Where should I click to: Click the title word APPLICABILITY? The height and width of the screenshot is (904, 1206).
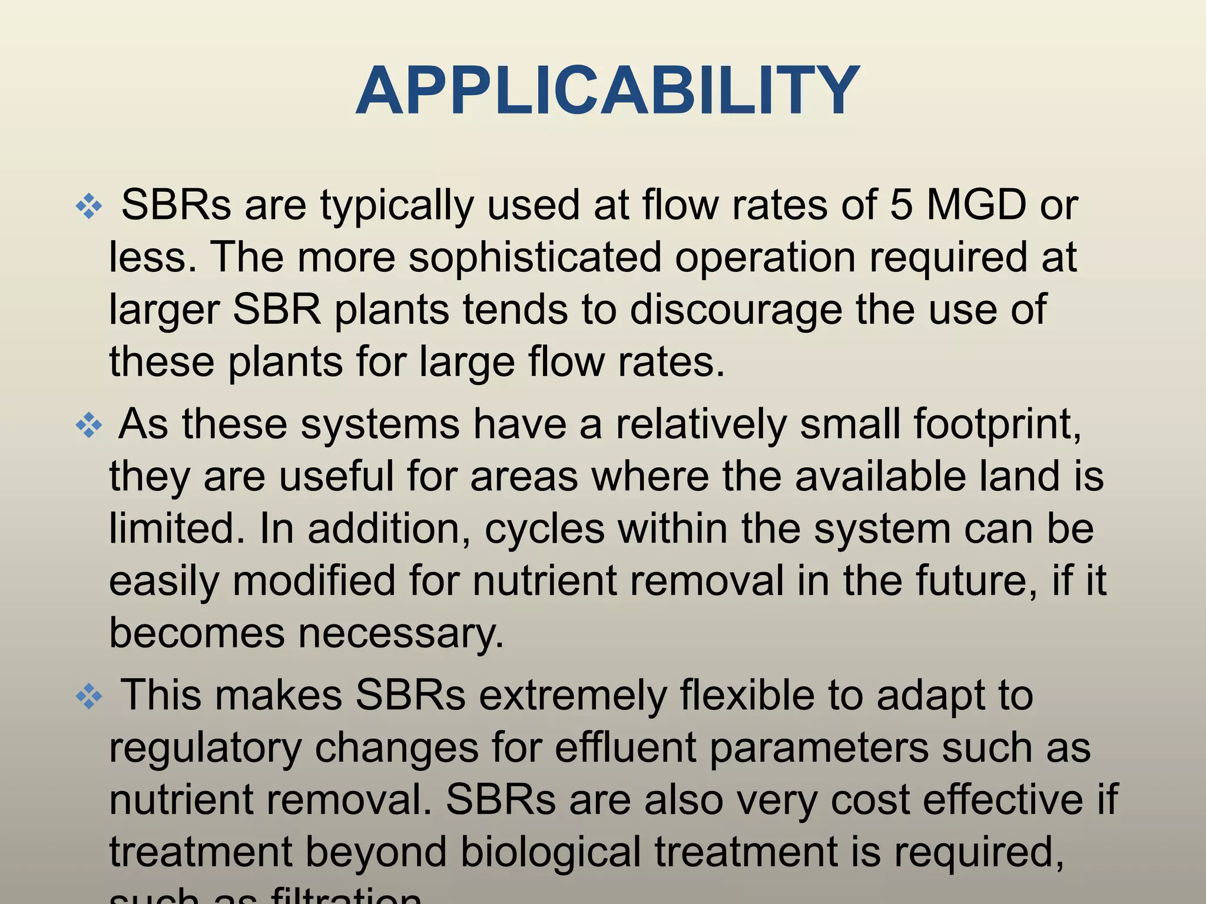click(x=608, y=92)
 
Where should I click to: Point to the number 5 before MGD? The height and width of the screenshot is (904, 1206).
click(x=901, y=205)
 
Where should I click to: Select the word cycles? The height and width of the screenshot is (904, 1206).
click(x=545, y=529)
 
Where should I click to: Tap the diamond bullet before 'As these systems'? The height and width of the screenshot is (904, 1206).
click(x=89, y=426)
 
